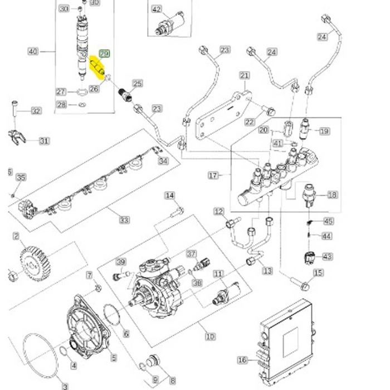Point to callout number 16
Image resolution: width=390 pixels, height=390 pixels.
click(242, 360)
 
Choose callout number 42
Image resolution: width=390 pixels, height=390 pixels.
click(157, 9)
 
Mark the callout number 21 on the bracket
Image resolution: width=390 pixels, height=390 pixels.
click(245, 75)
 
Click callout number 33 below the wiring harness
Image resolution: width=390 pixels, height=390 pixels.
click(124, 220)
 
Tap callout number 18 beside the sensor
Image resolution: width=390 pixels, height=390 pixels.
click(333, 195)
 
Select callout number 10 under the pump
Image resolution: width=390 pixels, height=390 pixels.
click(210, 336)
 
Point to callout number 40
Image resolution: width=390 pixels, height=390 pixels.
click(33, 52)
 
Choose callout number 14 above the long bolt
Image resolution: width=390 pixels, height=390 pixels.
click(170, 196)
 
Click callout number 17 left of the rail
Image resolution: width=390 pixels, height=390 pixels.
click(213, 175)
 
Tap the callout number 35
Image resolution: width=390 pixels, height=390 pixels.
click(21, 178)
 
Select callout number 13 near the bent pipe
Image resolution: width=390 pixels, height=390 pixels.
click(267, 271)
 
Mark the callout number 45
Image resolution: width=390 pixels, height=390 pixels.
click(328, 222)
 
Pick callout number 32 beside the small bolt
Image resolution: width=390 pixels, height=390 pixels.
click(36, 111)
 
